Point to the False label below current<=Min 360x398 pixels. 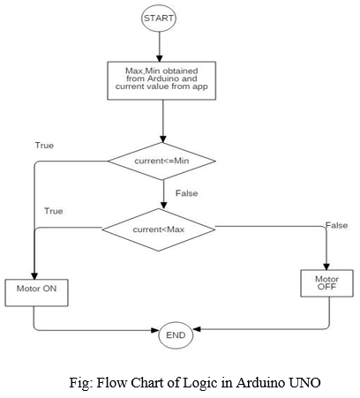[186, 193]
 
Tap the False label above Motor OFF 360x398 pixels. [336, 225]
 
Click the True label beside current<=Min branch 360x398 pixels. [44, 146]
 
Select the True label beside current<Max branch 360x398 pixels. [54, 211]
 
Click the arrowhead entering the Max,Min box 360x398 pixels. [160, 58]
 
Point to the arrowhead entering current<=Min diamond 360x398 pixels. [163, 139]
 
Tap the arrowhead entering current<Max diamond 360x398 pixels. [163, 205]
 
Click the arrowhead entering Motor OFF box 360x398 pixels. [326, 267]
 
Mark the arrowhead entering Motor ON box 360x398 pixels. [34, 276]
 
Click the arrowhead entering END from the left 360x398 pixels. [155, 330]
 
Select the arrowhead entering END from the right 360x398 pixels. [197, 329]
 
